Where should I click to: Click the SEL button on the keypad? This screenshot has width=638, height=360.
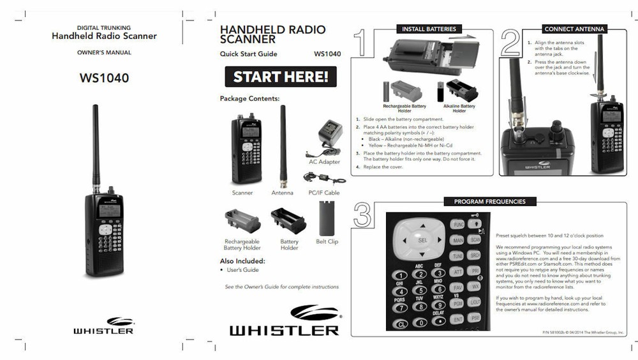click(422, 241)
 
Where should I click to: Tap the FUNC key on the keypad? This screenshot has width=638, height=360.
click(457, 225)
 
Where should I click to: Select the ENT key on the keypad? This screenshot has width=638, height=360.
click(457, 319)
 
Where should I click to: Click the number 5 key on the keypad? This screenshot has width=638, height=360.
click(420, 289)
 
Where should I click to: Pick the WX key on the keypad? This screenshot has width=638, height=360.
click(475, 287)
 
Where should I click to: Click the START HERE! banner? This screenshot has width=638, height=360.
click(280, 77)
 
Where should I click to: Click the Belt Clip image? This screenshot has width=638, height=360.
click(327, 218)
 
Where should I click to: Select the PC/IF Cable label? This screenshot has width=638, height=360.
click(324, 192)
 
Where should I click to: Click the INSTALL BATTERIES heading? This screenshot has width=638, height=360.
click(429, 29)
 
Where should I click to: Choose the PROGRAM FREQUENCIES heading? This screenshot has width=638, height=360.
click(489, 202)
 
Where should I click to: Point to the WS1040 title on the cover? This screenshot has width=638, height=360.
click(104, 79)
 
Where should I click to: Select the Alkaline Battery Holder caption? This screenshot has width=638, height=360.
click(459, 108)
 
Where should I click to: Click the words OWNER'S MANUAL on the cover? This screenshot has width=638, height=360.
click(104, 52)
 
